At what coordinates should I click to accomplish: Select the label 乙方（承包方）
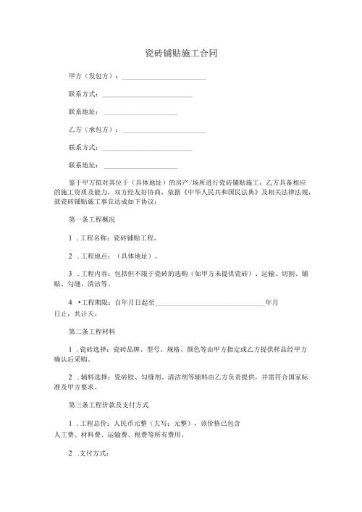(x=92, y=130)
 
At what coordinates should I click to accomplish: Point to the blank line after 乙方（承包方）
(x=164, y=131)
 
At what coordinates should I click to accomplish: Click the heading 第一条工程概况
(x=91, y=219)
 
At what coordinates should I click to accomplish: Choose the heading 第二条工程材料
(x=91, y=332)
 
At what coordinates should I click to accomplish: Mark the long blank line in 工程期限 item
(x=210, y=303)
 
